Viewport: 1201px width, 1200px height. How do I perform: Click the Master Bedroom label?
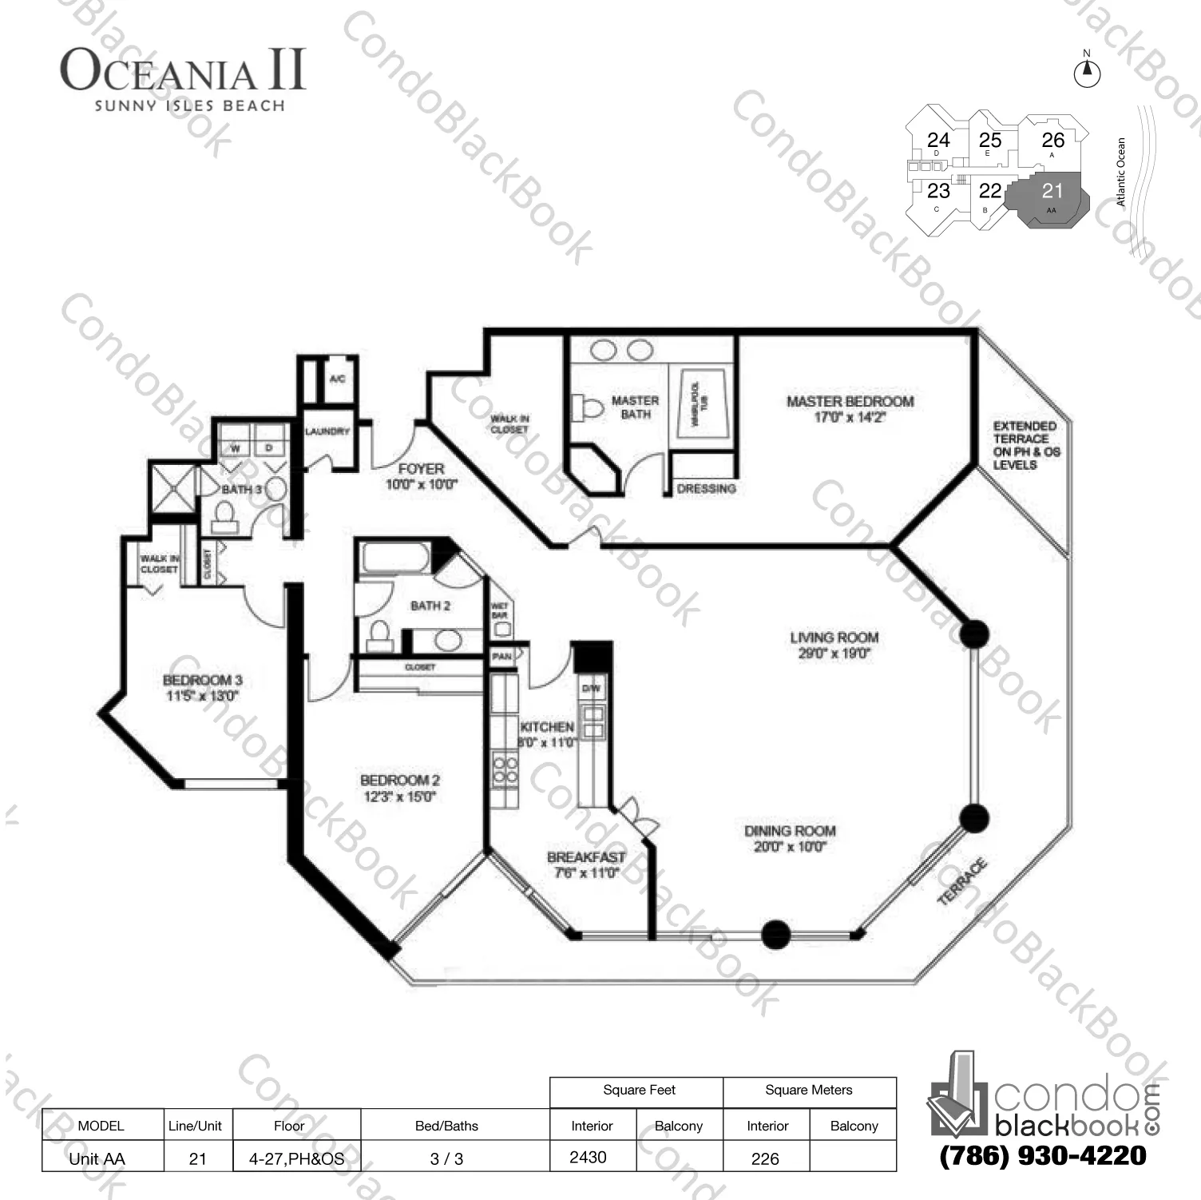850,402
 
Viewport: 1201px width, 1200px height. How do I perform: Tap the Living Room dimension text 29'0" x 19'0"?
833,654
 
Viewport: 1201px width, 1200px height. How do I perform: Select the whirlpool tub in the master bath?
702,403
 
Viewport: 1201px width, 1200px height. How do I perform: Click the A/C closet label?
337,378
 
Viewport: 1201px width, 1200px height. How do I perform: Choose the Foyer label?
421,469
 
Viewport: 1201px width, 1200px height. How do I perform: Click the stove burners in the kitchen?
505,770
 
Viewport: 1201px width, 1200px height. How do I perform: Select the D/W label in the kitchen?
591,688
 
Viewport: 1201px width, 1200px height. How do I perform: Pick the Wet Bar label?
500,611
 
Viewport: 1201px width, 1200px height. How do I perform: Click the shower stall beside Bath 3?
173,488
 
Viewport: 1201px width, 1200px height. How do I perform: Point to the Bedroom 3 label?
202,681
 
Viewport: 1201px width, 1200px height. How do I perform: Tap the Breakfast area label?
586,857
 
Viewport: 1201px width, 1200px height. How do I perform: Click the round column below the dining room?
775,934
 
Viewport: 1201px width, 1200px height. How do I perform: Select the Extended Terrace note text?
1025,445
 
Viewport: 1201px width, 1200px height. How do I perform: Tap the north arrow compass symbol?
1086,73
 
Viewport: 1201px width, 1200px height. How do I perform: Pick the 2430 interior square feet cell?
589,1157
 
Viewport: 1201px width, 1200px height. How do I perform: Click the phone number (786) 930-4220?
1043,1155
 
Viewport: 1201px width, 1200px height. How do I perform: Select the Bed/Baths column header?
446,1126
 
